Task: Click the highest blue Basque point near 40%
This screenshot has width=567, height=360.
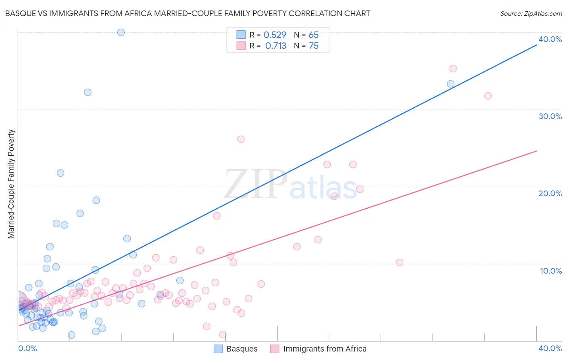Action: click(121, 32)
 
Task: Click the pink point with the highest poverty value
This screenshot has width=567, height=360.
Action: click(453, 69)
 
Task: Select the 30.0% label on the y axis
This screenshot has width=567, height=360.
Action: click(550, 116)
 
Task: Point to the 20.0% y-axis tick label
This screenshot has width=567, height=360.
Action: click(550, 193)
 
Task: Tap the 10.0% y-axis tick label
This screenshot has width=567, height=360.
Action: click(551, 271)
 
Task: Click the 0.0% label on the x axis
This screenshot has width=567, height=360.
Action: click(27, 348)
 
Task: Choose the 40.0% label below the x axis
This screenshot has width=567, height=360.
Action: click(550, 348)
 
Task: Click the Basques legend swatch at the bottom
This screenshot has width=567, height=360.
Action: click(218, 349)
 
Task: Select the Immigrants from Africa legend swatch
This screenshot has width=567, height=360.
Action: click(275, 349)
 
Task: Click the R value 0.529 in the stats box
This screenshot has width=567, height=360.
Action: click(275, 35)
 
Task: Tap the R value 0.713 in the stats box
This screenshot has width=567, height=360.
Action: click(275, 46)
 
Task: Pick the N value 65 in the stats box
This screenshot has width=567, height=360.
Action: click(313, 35)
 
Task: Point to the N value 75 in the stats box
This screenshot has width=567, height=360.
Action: click(313, 46)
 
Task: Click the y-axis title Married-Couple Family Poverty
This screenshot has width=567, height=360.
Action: click(11, 184)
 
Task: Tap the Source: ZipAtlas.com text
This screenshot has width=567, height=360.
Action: click(531, 14)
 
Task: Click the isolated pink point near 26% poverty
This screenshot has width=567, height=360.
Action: click(241, 139)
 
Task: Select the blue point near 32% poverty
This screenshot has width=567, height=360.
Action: click(88, 92)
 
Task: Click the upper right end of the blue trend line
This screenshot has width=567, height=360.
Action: click(536, 45)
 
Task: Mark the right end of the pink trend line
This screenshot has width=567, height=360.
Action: click(536, 151)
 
